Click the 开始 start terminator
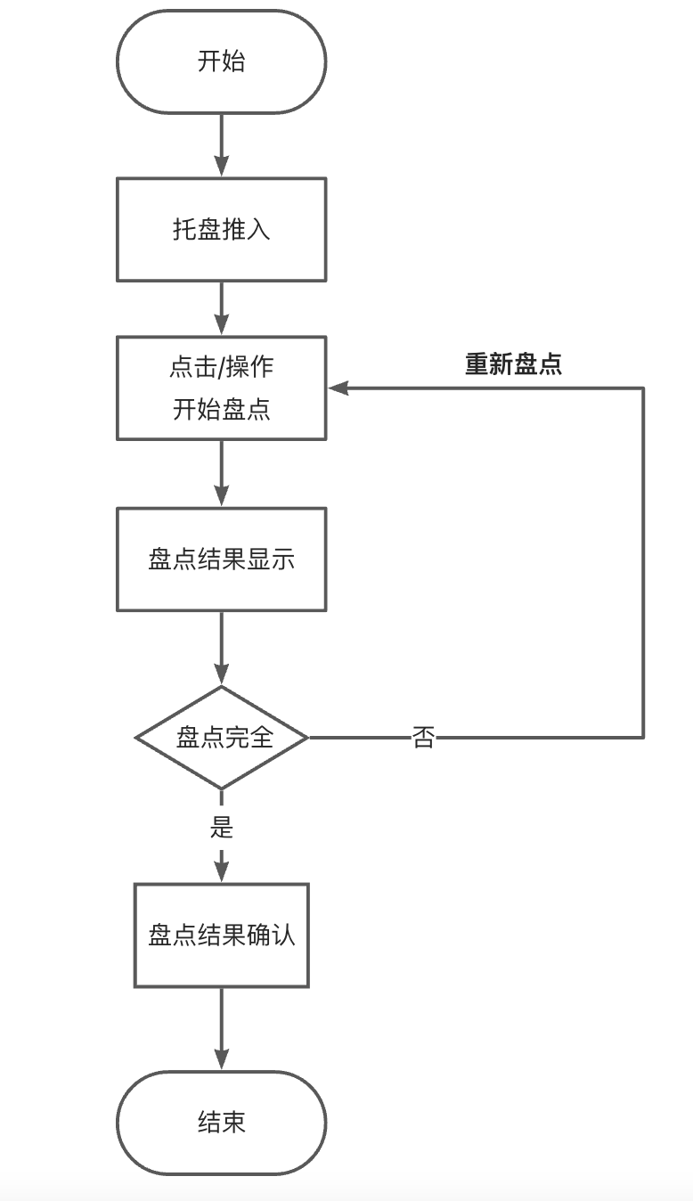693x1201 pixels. click(x=221, y=61)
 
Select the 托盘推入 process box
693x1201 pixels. click(x=221, y=229)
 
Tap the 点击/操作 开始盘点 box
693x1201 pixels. click(x=221, y=388)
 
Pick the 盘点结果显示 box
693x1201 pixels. click(x=221, y=559)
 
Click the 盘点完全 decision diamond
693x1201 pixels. click(x=222, y=738)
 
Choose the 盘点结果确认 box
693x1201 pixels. click(x=221, y=935)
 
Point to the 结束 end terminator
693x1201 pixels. click(x=221, y=1122)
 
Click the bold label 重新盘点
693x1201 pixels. click(x=513, y=364)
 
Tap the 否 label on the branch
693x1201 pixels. click(x=423, y=738)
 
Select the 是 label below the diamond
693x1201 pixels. click(x=221, y=827)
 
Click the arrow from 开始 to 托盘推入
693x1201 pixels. click(x=221, y=144)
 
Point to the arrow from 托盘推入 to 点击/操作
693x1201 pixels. click(x=221, y=308)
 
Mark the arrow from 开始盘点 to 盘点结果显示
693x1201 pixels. click(x=221, y=473)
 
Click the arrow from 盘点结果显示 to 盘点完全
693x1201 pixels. click(x=221, y=647)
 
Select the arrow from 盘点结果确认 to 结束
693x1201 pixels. click(x=221, y=1028)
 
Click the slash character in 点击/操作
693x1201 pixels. click(x=222, y=366)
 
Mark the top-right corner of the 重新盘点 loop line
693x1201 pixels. click(x=642, y=388)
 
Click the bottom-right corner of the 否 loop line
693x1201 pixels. click(x=642, y=738)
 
